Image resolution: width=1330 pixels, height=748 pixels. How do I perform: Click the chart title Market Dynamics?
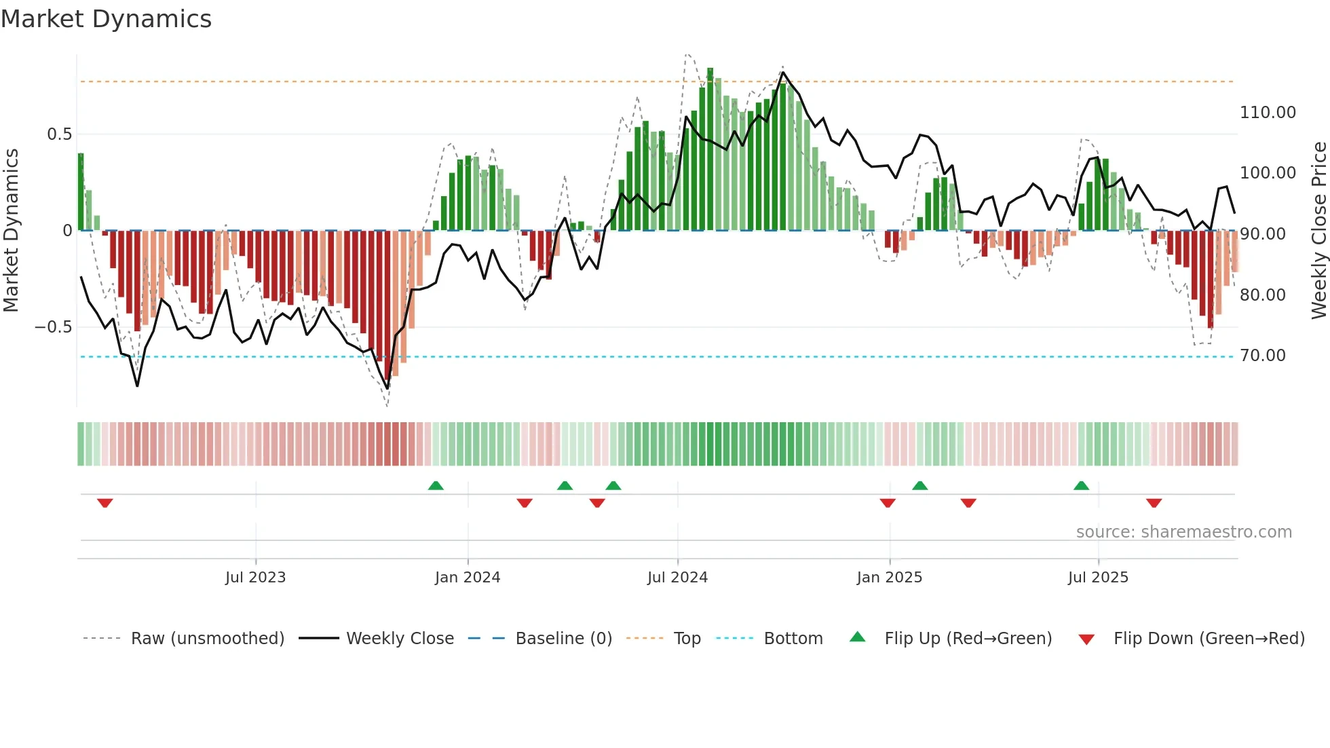(106, 19)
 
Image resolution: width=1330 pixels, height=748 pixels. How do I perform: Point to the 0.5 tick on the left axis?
(59, 134)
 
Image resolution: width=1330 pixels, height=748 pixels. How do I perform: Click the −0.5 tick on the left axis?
(54, 327)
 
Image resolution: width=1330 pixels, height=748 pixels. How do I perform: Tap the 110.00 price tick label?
(1268, 113)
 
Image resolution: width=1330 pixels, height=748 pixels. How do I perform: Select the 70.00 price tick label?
(1263, 356)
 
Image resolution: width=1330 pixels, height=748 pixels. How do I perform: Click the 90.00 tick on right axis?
(1263, 234)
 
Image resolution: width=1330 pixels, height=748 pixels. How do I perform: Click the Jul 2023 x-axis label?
(255, 578)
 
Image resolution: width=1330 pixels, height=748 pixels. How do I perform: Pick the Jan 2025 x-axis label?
(889, 578)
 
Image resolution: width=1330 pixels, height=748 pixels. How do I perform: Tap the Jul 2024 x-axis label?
(677, 578)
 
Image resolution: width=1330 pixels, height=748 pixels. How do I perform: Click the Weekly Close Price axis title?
(1318, 231)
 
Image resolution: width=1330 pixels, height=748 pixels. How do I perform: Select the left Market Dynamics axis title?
(11, 231)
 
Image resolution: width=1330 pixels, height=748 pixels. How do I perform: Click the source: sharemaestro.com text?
(1183, 532)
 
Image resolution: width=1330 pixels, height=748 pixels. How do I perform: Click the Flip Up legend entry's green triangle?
(858, 637)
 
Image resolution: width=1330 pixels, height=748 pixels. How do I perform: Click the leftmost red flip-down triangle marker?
(104, 503)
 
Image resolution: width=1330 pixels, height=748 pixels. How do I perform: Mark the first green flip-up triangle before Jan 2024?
(436, 485)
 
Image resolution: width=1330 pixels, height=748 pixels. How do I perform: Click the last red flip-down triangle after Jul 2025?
(1154, 503)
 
